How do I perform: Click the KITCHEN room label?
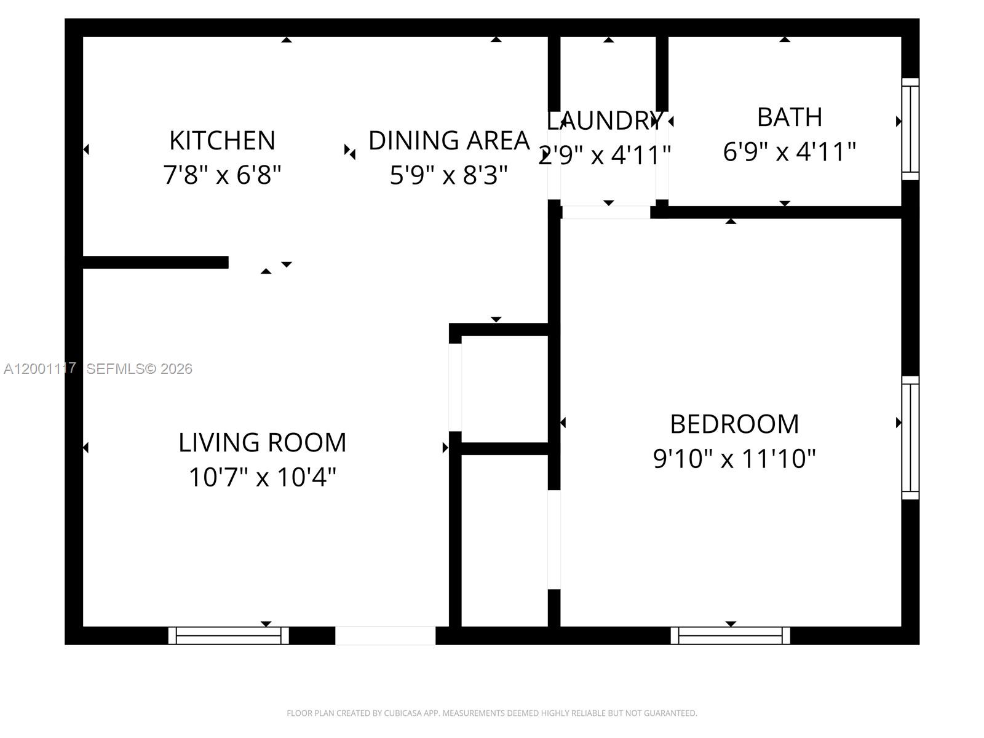click(x=222, y=141)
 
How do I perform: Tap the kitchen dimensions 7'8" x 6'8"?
click(x=222, y=175)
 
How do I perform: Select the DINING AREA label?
click(x=448, y=141)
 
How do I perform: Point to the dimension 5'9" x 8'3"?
click(x=448, y=175)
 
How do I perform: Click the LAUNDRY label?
click(x=605, y=121)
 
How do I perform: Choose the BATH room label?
click(x=789, y=117)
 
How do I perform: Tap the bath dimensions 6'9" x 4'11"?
click(x=789, y=151)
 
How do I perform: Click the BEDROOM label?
click(x=734, y=424)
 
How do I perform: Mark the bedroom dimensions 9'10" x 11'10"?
click(x=734, y=459)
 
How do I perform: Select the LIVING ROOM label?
click(x=263, y=443)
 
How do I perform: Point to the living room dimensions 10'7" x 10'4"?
click(x=263, y=477)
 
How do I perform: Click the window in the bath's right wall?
click(x=910, y=129)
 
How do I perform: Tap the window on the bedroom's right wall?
click(x=910, y=437)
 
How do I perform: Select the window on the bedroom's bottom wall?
click(x=730, y=635)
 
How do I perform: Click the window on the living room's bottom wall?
click(x=228, y=635)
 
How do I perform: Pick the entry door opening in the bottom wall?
click(x=385, y=635)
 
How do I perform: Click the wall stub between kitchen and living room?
click(x=155, y=263)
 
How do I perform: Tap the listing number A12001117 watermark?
click(x=40, y=368)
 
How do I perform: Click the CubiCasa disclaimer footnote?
click(x=491, y=713)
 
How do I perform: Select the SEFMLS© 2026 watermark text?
click(x=140, y=369)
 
